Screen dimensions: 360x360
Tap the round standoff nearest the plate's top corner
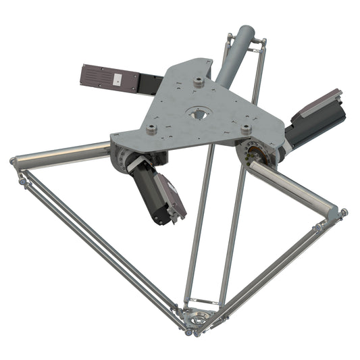point(199,81)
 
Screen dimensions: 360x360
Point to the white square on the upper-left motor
point(117,78)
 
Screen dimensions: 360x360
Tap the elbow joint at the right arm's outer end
point(337,212)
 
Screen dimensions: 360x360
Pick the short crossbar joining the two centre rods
point(203,300)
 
